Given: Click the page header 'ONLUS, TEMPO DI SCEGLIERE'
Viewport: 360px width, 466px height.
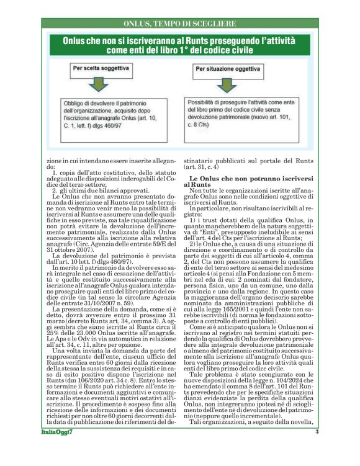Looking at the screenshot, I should (179, 24).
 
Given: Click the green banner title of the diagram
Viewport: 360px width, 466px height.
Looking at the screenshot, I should (179, 44).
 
